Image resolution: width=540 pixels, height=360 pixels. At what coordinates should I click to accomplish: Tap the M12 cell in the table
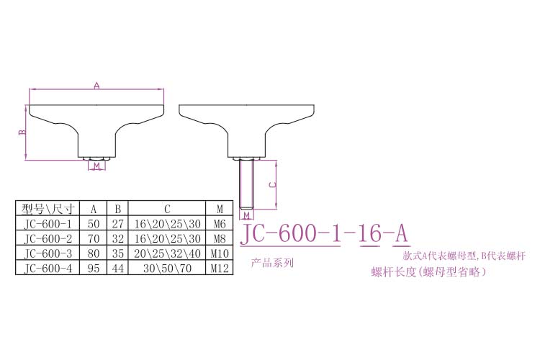(219, 268)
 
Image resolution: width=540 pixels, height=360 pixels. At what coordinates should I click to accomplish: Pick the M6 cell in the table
(219, 224)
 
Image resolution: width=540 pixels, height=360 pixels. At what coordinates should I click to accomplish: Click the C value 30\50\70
(167, 268)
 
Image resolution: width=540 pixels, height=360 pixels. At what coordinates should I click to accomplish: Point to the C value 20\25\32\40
(167, 253)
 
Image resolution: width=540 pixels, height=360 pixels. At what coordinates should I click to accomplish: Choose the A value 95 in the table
(93, 268)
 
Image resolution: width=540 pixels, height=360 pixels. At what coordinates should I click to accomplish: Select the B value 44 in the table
(117, 268)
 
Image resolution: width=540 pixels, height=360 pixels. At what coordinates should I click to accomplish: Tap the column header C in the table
(167, 209)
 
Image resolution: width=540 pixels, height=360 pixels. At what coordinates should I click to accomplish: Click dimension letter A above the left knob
(96, 85)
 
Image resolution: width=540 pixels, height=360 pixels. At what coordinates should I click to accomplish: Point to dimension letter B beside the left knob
(22, 132)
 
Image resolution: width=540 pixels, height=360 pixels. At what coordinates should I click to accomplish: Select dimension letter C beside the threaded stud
(271, 184)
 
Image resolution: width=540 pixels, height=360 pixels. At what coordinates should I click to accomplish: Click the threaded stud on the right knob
(246, 184)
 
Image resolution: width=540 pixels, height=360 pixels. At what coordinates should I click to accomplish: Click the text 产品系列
(272, 263)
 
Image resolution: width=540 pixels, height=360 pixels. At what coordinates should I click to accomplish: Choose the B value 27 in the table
(117, 224)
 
